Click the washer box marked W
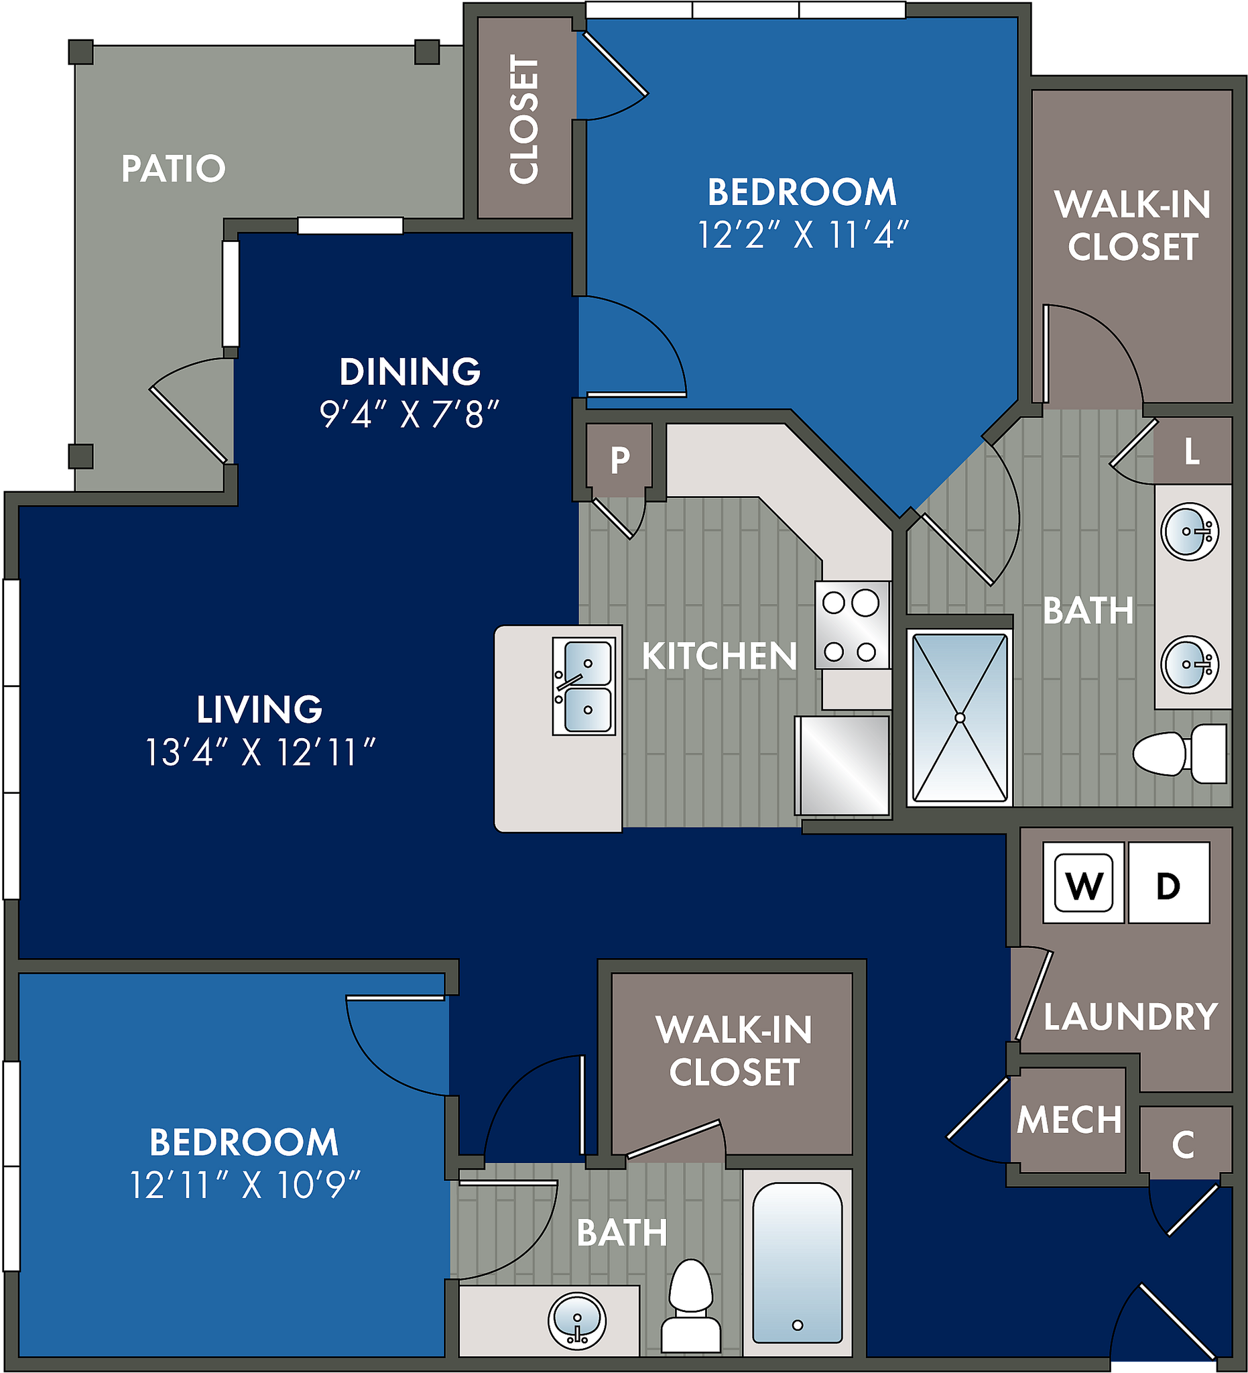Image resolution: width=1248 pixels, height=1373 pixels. tap(1083, 884)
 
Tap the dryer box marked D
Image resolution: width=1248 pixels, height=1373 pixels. tap(1168, 884)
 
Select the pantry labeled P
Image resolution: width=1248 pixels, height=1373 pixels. tap(619, 461)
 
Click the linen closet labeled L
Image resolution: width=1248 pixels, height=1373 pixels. tap(1192, 451)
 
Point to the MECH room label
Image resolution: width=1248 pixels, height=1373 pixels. tap(1069, 1120)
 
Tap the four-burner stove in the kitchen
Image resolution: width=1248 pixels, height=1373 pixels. tap(853, 625)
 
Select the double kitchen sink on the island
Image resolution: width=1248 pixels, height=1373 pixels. tap(584, 686)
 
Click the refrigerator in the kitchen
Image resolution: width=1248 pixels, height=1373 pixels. tap(843, 765)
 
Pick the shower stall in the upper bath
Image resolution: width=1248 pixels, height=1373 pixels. tap(959, 718)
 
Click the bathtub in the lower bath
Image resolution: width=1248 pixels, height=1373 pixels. tap(798, 1262)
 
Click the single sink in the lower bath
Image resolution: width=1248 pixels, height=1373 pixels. tap(576, 1321)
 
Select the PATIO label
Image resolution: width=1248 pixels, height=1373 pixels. tap(173, 168)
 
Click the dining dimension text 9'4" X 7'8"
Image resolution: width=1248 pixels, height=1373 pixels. tap(410, 414)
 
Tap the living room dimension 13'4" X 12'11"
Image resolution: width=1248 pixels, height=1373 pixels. tap(260, 754)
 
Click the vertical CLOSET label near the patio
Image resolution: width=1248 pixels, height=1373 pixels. tap(524, 119)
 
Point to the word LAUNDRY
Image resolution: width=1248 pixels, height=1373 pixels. tap(1131, 1017)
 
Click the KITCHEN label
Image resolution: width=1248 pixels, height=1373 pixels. tap(719, 656)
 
